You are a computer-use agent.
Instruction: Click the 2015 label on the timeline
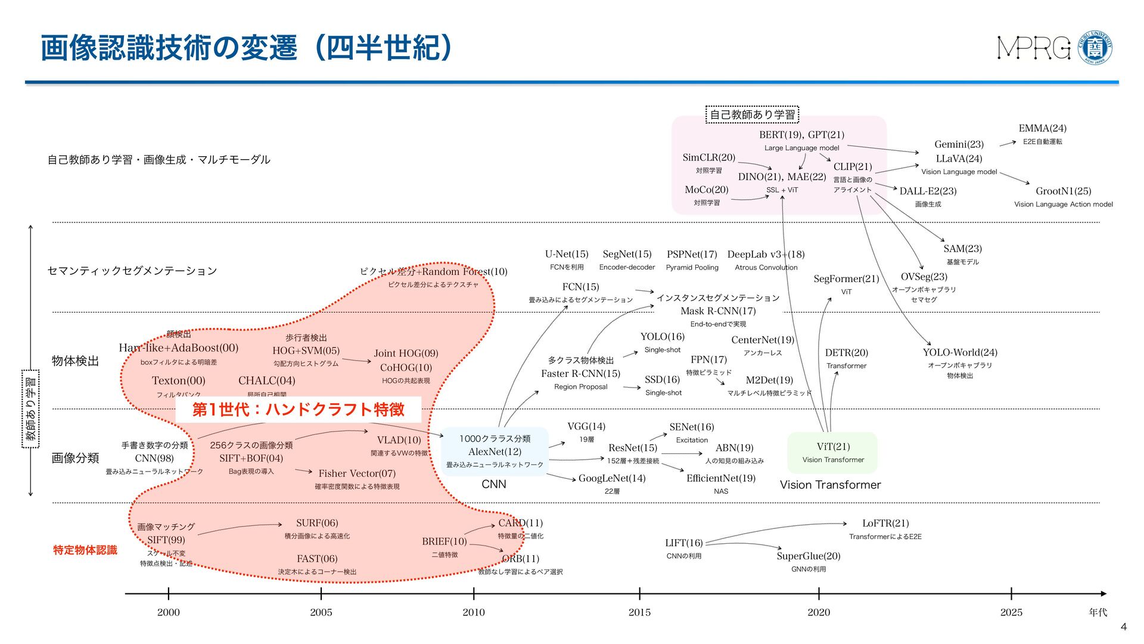639,612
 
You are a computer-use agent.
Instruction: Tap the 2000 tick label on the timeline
168,612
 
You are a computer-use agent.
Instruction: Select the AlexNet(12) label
495,452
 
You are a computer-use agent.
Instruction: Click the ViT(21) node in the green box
833,447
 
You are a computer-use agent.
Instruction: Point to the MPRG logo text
1034,48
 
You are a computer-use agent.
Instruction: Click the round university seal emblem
1096,48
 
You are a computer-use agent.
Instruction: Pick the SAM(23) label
962,249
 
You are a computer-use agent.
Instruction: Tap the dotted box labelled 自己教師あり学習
752,114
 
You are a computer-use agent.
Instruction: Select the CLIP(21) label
852,167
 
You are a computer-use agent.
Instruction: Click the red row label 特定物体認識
85,550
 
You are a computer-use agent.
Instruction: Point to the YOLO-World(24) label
959,352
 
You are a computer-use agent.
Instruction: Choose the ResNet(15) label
632,448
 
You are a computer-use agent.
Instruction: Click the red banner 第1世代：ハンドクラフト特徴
298,410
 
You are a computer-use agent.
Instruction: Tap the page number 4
1124,627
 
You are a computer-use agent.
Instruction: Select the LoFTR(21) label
885,524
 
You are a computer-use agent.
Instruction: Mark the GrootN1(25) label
1063,191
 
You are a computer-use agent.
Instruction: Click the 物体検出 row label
75,361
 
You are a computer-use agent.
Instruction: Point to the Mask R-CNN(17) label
718,311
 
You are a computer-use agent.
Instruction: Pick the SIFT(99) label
166,540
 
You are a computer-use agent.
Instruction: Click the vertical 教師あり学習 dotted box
30,408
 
